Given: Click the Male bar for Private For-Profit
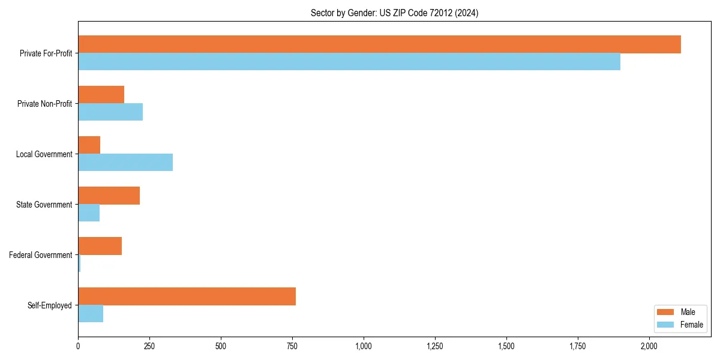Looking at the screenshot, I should [x=379, y=44].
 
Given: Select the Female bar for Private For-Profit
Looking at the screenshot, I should [x=349, y=62].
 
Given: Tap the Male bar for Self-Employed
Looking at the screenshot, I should [x=187, y=296].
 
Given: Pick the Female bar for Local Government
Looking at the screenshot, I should [x=125, y=163].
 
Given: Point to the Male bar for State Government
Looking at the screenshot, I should [x=109, y=196].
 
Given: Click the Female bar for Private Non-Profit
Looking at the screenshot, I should [x=110, y=112].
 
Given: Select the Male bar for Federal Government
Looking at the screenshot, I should [x=100, y=246].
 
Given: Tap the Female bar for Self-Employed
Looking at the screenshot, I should [x=91, y=314].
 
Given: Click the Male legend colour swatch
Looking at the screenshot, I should [x=665, y=312].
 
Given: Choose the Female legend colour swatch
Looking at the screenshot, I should [x=665, y=325].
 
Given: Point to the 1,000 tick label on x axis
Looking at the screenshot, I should [x=364, y=346].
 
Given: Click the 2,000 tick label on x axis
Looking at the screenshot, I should [x=649, y=346].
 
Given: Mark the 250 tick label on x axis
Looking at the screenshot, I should [x=149, y=346].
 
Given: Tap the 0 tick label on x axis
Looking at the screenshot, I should [x=78, y=346].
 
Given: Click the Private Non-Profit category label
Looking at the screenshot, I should [x=44, y=104].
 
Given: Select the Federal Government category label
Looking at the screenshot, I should [x=41, y=255].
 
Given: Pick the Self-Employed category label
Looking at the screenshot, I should [x=50, y=305].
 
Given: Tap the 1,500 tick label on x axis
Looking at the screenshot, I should [x=506, y=346].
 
